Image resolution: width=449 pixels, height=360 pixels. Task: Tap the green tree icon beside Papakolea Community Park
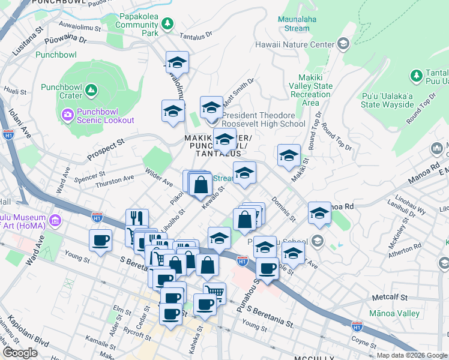coord(168,24)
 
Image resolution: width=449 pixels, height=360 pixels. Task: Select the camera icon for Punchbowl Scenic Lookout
coord(67,114)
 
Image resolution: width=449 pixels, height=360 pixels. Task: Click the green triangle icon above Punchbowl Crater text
coord(91,91)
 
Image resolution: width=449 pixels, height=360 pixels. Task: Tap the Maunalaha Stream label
coord(294,23)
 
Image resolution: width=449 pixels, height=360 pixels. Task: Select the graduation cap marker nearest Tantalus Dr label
coord(177,62)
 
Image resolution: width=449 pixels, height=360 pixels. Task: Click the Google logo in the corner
coord(20,353)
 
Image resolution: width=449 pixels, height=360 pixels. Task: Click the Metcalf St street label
coord(390,297)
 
